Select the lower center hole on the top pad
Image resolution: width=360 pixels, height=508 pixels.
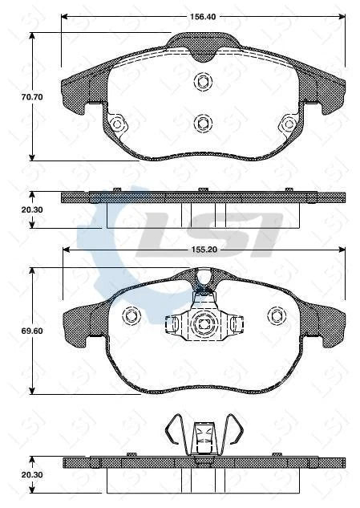pos(202,121)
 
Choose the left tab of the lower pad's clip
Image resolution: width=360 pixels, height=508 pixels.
pos(170,324)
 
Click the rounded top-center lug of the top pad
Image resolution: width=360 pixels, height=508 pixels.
pos(202,44)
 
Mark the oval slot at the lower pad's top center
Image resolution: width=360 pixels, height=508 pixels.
pos(203,281)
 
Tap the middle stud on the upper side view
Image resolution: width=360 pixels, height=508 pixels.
pos(203,189)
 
